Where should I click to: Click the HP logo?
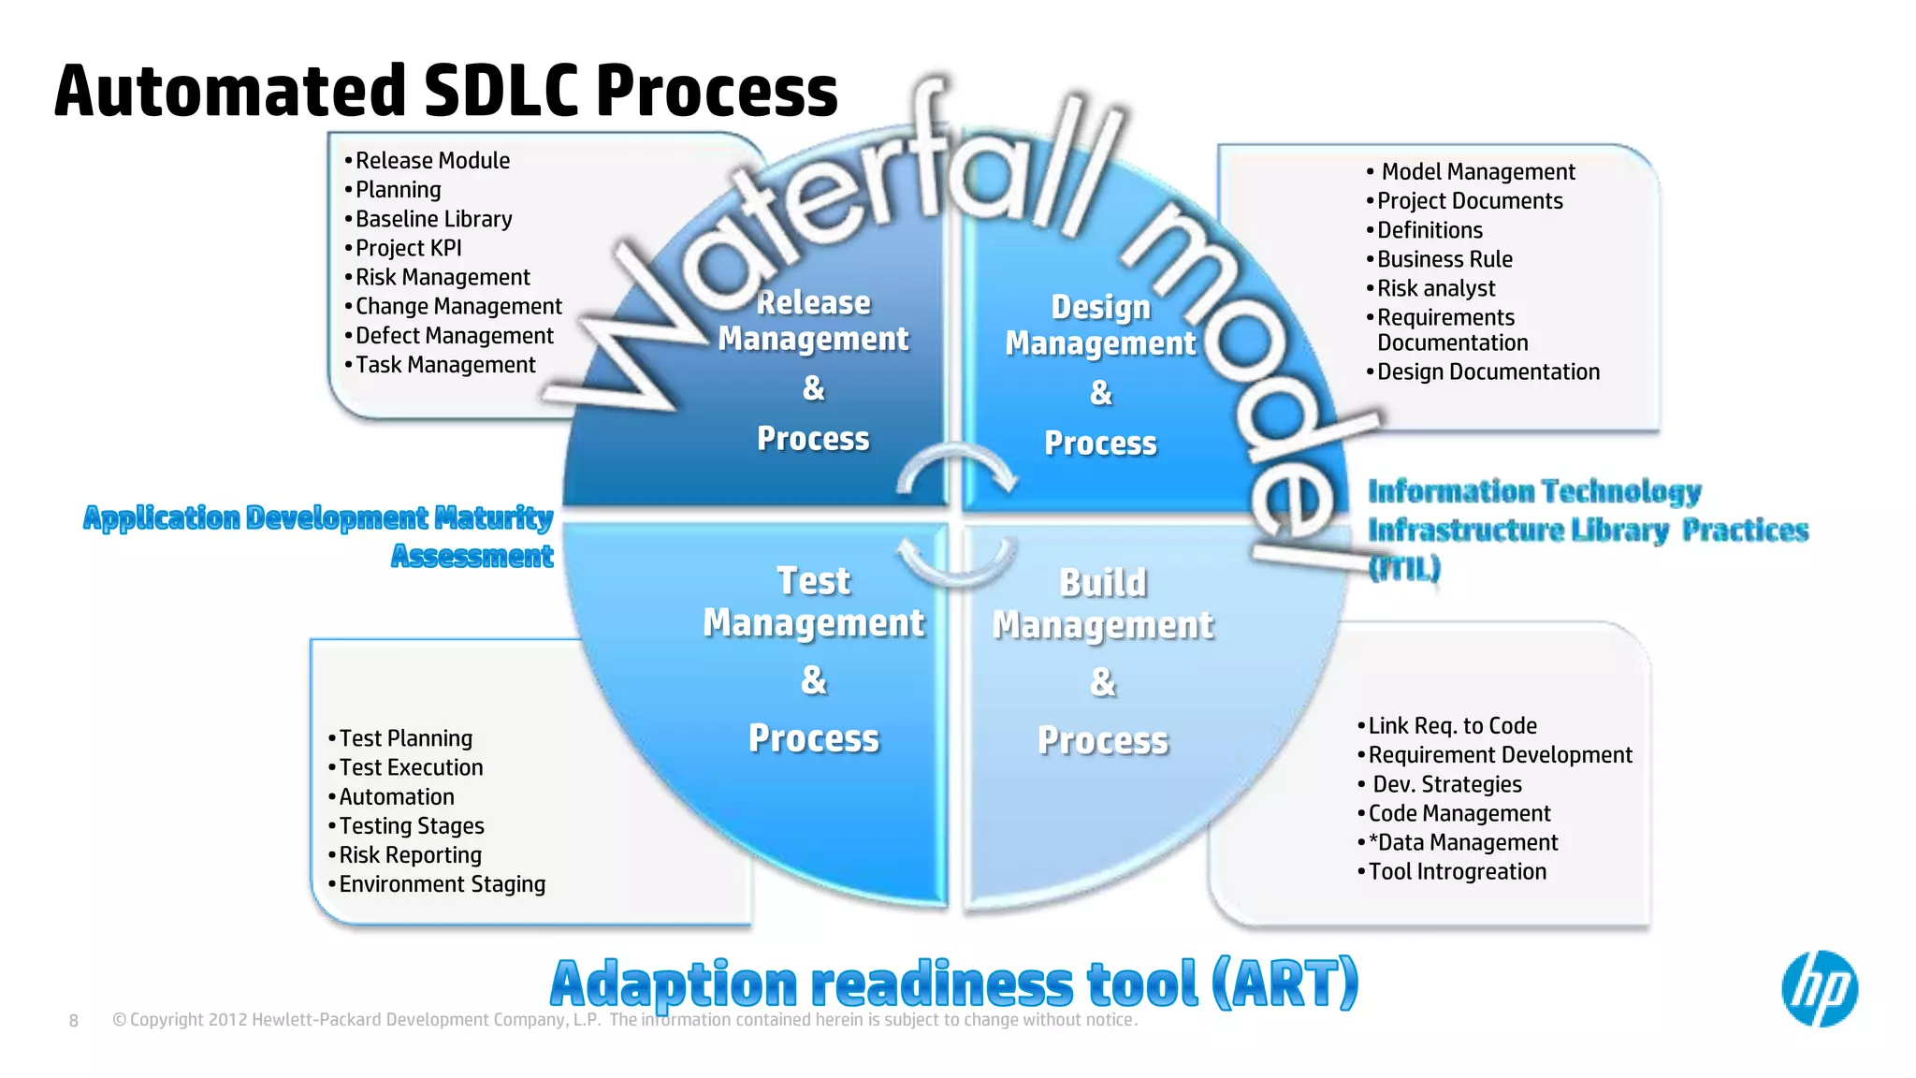1819,988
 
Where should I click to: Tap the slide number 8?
74,1021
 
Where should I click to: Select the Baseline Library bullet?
433,219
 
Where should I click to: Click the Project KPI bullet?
408,248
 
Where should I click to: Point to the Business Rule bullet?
1444,259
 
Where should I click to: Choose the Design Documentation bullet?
1488,372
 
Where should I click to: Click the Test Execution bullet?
411,767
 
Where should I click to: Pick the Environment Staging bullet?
442,884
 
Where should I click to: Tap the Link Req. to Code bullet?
1452,726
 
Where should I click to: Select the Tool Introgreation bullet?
1457,872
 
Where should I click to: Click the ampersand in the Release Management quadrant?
813,388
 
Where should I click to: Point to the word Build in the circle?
1103,583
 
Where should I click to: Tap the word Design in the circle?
1100,307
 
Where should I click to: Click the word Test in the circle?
813,581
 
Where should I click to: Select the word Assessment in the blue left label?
472,557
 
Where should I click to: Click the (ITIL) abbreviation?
1404,568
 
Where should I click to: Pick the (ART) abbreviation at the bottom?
1284,984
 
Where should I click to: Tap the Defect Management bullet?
454,336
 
